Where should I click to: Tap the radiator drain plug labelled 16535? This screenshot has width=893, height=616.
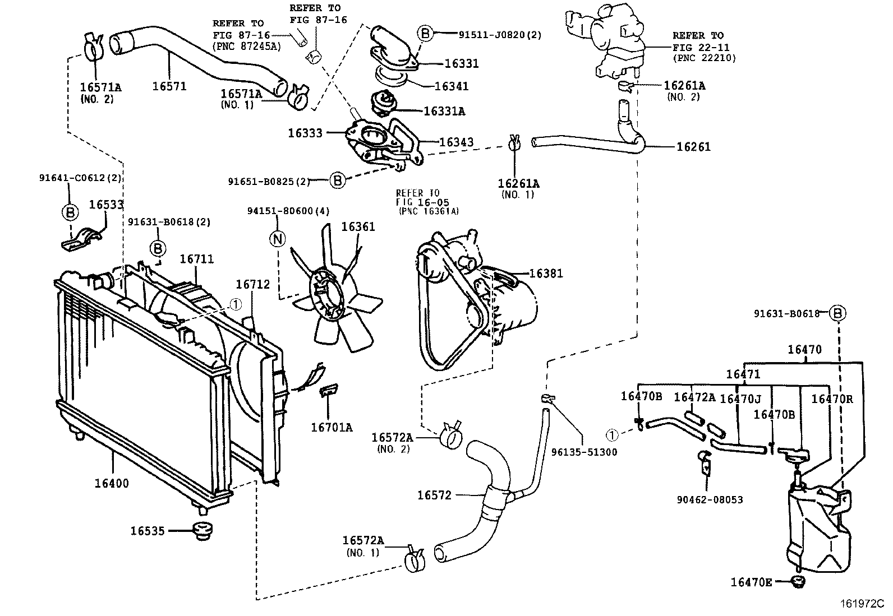202,531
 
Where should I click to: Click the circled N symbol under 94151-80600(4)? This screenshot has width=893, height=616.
278,239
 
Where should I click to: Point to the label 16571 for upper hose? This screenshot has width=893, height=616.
169,86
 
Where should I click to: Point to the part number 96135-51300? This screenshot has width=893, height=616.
584,452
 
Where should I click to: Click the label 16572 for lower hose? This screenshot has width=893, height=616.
434,495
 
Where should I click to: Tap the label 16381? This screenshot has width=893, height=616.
546,274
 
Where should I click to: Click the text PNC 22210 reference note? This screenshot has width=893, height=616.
704,58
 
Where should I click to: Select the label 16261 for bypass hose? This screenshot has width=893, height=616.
693,147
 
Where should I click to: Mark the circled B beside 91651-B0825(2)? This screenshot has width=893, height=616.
337,180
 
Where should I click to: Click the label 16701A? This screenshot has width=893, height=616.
332,428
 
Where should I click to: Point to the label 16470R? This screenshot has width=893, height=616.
831,399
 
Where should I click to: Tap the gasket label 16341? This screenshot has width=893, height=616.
452,86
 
